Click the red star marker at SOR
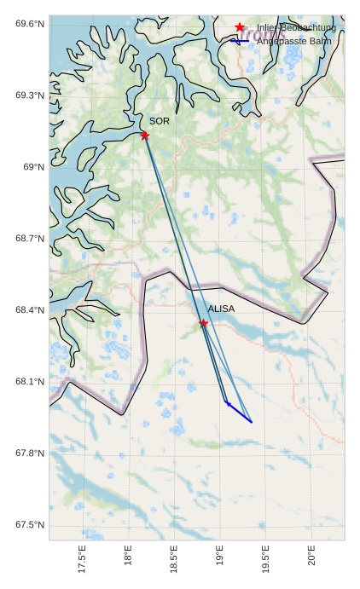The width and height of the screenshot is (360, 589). coord(145,135)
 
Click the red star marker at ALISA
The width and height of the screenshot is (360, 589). coord(203,323)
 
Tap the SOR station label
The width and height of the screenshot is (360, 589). coord(160,121)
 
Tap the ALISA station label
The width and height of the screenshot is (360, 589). coord(221,309)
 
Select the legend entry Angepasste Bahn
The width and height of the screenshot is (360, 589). coord(293,41)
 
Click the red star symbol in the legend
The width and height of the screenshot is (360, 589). coord(240,27)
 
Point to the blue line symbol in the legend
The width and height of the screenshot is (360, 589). coord(240,41)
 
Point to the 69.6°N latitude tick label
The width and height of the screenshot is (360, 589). coord(29,23)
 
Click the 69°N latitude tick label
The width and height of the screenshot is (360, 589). coord(33,166)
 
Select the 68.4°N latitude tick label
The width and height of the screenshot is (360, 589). coord(29,309)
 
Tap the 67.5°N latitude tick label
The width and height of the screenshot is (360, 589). coord(29,524)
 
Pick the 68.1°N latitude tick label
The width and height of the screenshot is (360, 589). coord(29,381)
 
